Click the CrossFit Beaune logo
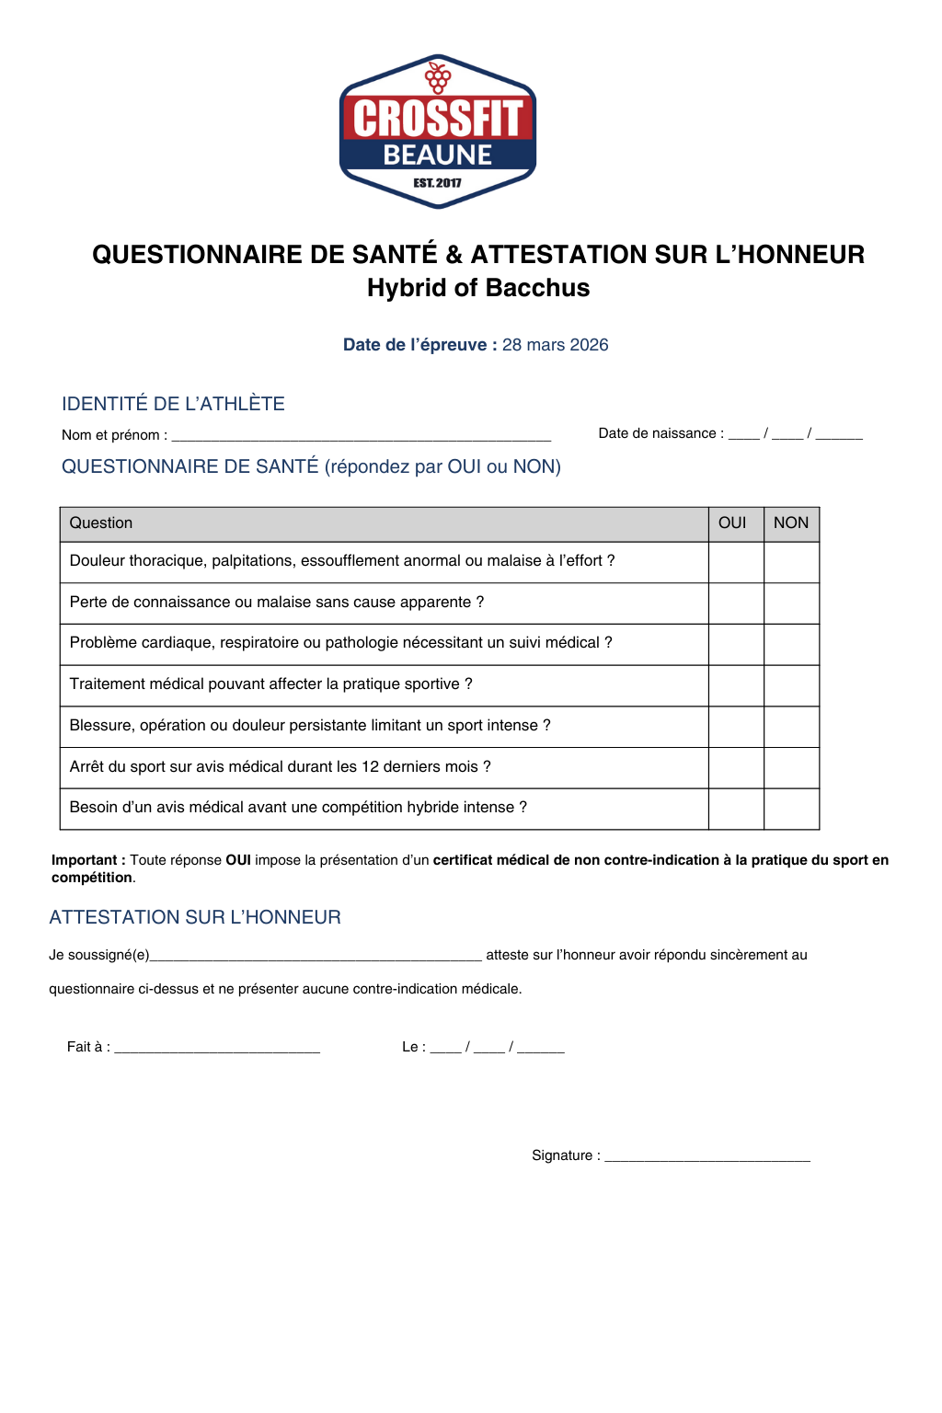tap(438, 132)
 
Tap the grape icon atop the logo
tap(438, 76)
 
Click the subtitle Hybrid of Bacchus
tap(478, 288)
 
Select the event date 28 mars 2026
tap(555, 345)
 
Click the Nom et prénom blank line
tap(361, 435)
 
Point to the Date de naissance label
tap(661, 433)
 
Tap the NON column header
tap(791, 523)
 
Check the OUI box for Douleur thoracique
tap(735, 562)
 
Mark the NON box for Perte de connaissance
tap(791, 603)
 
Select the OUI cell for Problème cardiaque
tap(735, 644)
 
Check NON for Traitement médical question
tap(791, 685)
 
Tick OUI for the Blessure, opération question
tap(735, 727)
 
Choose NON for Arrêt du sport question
tap(791, 767)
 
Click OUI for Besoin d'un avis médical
tap(735, 809)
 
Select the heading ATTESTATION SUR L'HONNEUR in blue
tap(195, 917)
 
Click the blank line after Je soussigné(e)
tap(316, 956)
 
